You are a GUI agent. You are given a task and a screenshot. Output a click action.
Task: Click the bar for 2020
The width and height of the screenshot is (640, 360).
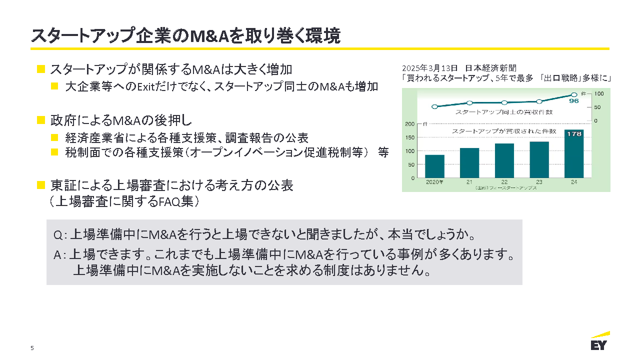click(x=434, y=166)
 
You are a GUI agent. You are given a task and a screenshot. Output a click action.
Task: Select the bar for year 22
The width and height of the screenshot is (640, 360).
click(x=504, y=160)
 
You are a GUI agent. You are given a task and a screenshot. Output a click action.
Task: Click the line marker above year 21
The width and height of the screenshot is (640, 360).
click(x=469, y=103)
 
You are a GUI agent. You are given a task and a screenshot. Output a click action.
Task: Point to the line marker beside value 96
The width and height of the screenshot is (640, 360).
click(x=574, y=94)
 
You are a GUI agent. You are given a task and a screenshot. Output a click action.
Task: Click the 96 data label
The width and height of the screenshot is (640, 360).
click(x=573, y=101)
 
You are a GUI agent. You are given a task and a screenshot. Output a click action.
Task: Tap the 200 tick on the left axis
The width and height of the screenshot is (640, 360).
click(x=410, y=123)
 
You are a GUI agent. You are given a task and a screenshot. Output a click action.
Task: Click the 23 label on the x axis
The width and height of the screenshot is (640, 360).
click(x=539, y=182)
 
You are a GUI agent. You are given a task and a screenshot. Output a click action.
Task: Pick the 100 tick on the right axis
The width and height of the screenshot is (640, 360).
click(x=599, y=93)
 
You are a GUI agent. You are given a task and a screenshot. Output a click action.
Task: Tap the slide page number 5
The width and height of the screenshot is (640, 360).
click(x=32, y=348)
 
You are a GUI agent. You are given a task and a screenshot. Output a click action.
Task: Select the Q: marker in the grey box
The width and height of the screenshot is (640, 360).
click(x=59, y=234)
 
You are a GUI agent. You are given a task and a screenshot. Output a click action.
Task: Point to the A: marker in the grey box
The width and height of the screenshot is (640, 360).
click(x=59, y=255)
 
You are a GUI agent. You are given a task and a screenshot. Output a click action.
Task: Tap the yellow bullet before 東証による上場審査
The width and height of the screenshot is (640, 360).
click(x=41, y=185)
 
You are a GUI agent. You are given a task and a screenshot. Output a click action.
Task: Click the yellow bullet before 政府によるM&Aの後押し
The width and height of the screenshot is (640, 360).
click(x=41, y=120)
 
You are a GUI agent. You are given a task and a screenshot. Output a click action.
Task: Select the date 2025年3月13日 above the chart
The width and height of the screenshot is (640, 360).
click(x=429, y=68)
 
